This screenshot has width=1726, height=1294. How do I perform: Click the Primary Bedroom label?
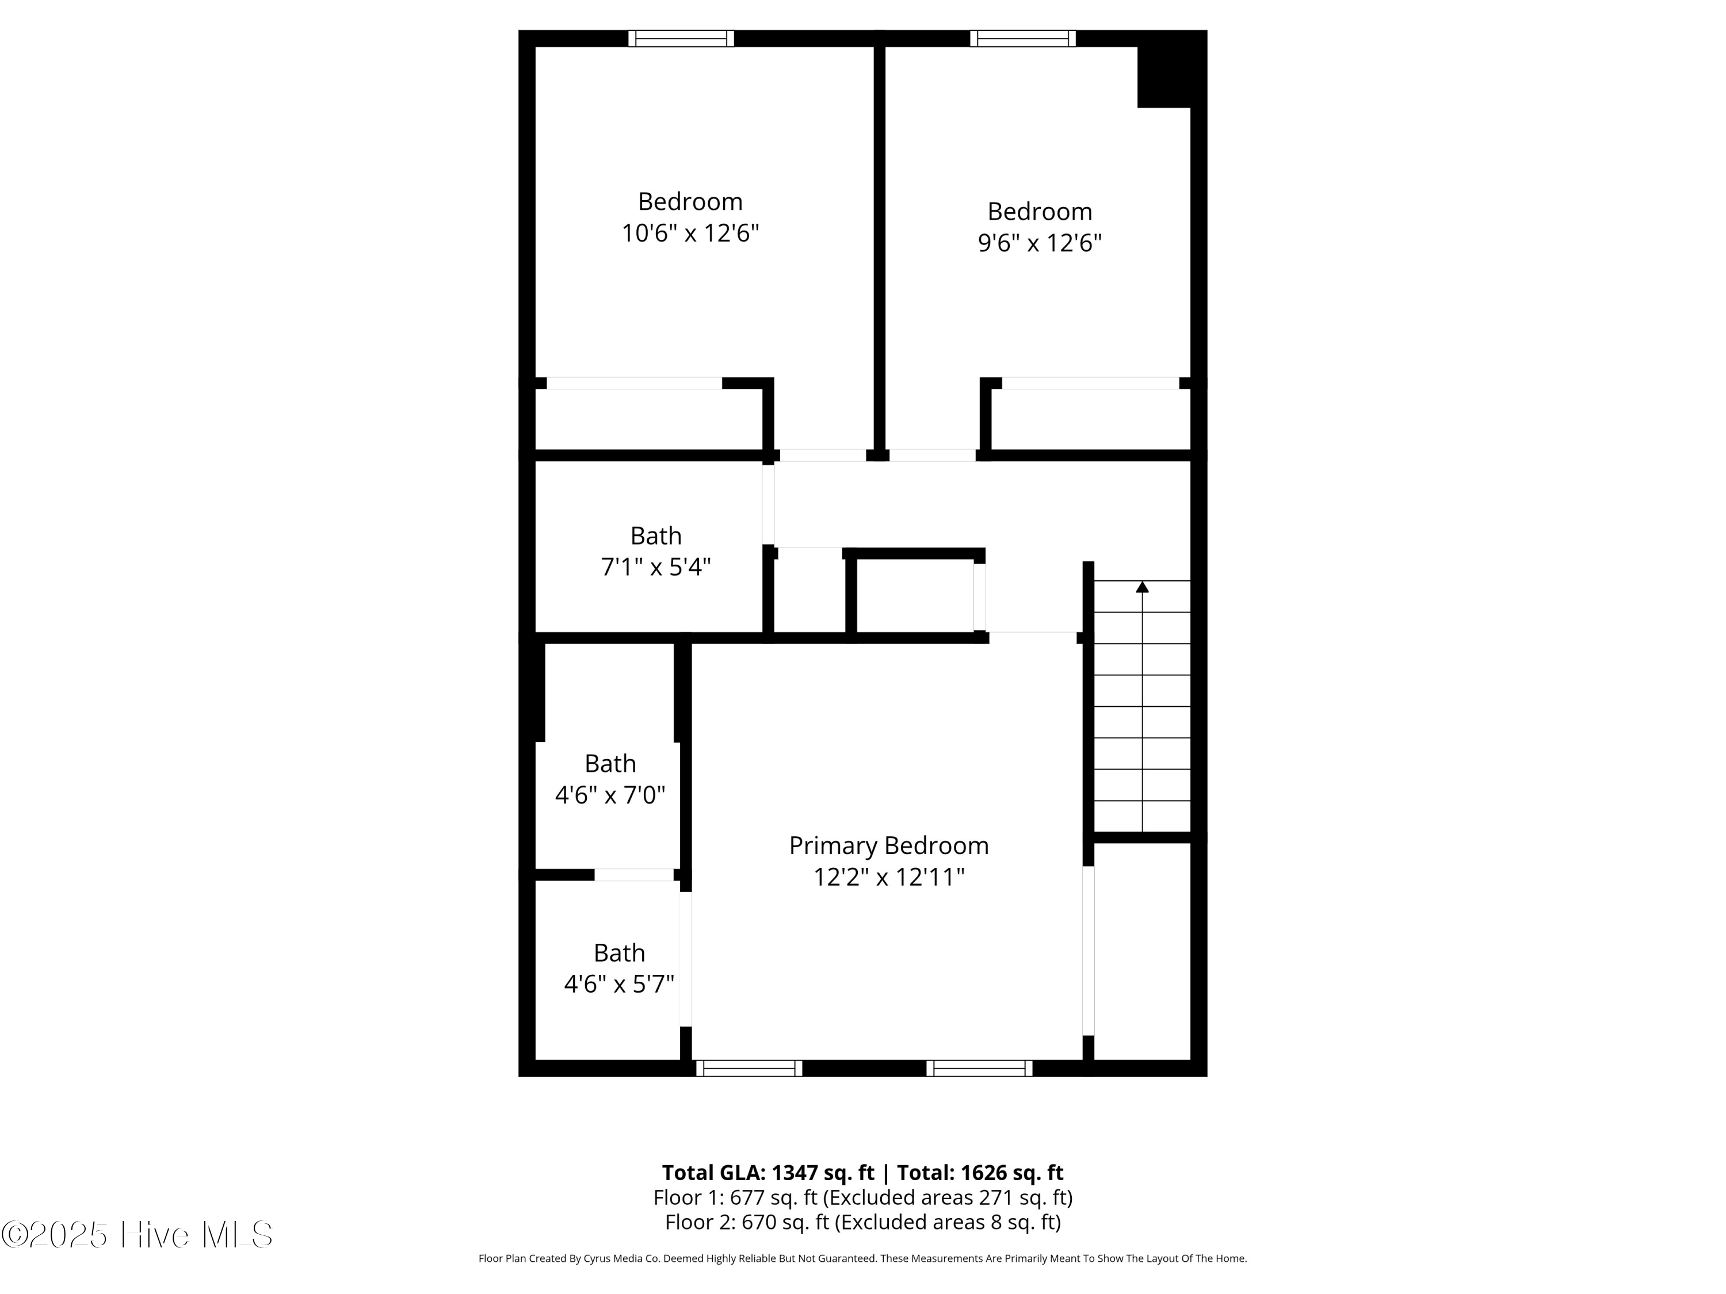pos(889,847)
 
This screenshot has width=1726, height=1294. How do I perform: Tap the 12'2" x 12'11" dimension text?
pos(889,878)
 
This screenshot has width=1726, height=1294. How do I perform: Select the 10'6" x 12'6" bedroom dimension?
pos(690,233)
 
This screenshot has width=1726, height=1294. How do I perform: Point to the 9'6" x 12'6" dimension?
pos(1040,243)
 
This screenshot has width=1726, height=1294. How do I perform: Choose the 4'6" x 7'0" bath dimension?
pos(610,795)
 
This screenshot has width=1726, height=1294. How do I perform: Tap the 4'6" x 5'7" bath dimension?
pos(618,985)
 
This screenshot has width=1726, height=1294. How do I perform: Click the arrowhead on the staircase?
pos(1143,587)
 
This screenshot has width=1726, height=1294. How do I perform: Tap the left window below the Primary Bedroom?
pos(749,1068)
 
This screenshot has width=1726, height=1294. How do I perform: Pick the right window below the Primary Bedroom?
pos(979,1068)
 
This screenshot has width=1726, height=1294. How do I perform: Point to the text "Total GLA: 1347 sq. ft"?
pos(769,1172)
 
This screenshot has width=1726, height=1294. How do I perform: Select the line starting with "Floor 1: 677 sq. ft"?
pos(863,1197)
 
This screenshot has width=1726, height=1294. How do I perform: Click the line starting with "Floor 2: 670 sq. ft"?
pos(863,1222)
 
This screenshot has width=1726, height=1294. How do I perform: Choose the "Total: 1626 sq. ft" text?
pos(980,1172)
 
